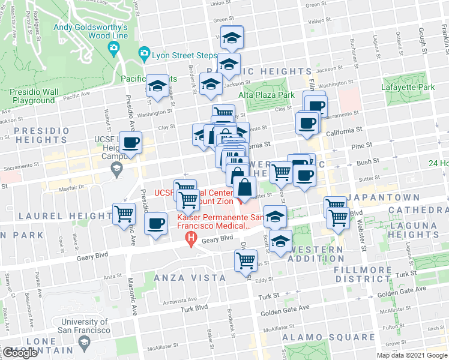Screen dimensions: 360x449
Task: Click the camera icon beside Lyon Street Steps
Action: (144, 55)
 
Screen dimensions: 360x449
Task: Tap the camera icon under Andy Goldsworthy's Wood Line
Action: (113, 48)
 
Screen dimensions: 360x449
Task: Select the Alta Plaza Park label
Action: (267, 95)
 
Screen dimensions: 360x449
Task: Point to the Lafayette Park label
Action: (408, 87)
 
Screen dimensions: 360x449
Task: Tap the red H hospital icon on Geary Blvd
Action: (191, 243)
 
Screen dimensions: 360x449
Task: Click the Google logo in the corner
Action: (20, 353)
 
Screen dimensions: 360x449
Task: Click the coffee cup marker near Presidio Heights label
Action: (130, 143)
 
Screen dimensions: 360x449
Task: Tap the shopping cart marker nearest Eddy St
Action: (246, 261)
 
